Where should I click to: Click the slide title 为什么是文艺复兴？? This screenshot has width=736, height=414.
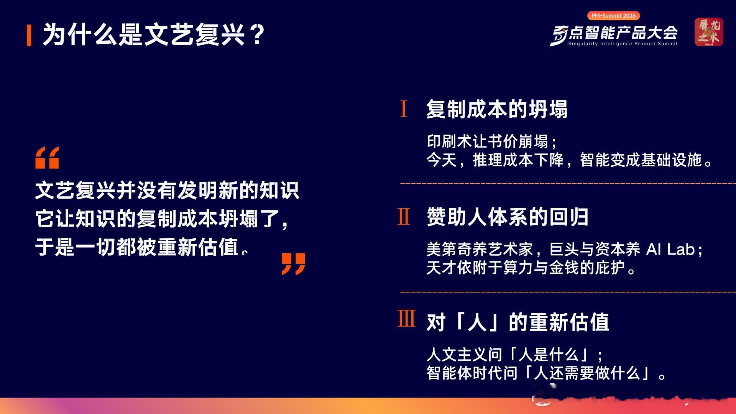click(x=153, y=35)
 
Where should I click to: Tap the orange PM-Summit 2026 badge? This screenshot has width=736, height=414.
click(x=613, y=16)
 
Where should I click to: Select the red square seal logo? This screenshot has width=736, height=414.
click(x=709, y=32)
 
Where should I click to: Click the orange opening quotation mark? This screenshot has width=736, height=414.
click(x=47, y=158)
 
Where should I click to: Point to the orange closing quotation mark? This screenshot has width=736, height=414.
click(x=293, y=264)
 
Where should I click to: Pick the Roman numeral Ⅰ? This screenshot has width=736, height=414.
click(x=403, y=109)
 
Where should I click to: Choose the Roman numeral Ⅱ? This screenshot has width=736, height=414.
click(x=404, y=217)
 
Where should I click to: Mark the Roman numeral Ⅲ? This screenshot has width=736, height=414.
click(x=406, y=318)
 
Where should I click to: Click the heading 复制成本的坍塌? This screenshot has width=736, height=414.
click(x=497, y=109)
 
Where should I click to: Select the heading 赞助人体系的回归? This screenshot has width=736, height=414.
click(x=508, y=217)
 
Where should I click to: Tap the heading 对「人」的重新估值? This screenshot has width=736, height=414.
click(x=517, y=322)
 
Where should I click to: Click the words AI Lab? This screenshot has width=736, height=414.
click(x=670, y=250)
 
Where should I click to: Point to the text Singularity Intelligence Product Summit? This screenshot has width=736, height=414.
click(x=623, y=44)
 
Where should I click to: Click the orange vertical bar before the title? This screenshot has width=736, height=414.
click(x=29, y=35)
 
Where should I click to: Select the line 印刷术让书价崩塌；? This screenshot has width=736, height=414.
click(x=492, y=142)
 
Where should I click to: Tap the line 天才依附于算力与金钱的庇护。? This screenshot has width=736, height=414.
click(x=532, y=268)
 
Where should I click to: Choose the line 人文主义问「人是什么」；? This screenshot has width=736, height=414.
click(x=515, y=355)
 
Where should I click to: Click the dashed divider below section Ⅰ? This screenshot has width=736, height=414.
click(x=568, y=184)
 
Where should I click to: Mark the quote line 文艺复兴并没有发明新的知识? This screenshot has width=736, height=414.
click(x=167, y=191)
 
